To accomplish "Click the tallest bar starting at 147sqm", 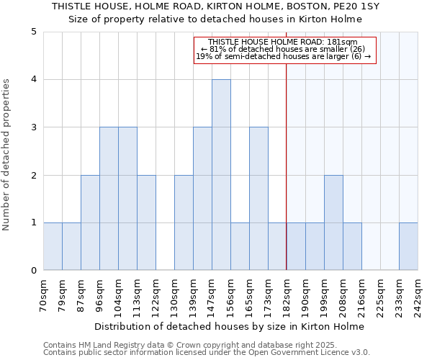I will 221,175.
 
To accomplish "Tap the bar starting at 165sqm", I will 258,199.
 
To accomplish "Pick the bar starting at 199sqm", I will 333,222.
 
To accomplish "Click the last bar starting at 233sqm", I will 408,246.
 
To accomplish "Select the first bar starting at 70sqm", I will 53,246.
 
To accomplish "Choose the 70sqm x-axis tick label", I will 43,294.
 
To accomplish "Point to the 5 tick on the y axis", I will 33,32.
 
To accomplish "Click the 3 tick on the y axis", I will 33,127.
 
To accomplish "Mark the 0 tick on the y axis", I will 33,271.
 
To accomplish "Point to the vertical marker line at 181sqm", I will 287,173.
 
